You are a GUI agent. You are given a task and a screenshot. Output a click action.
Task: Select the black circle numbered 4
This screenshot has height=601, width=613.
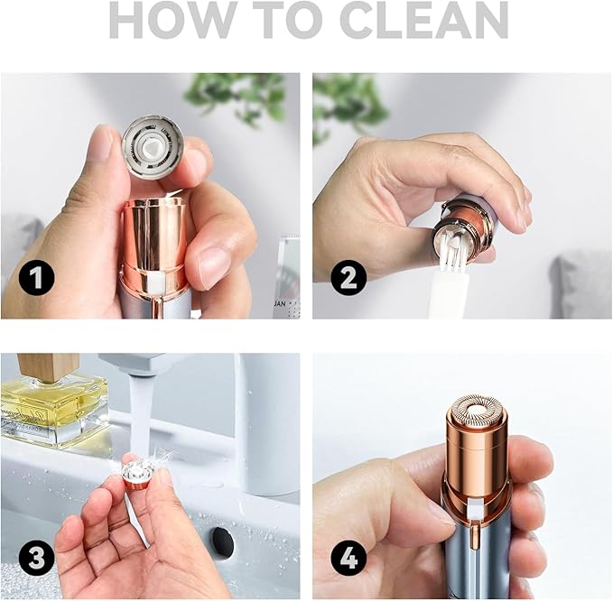347,558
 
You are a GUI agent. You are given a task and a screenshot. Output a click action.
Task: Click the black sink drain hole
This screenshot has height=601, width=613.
220,542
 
